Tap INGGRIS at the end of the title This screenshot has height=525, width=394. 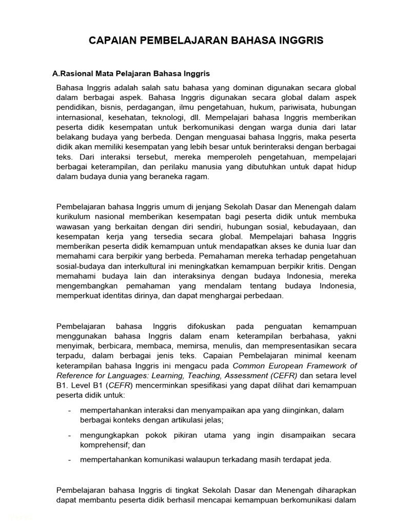(x=301, y=41)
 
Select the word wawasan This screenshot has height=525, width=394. (x=73, y=227)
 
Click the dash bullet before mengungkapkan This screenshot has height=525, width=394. (x=69, y=435)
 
